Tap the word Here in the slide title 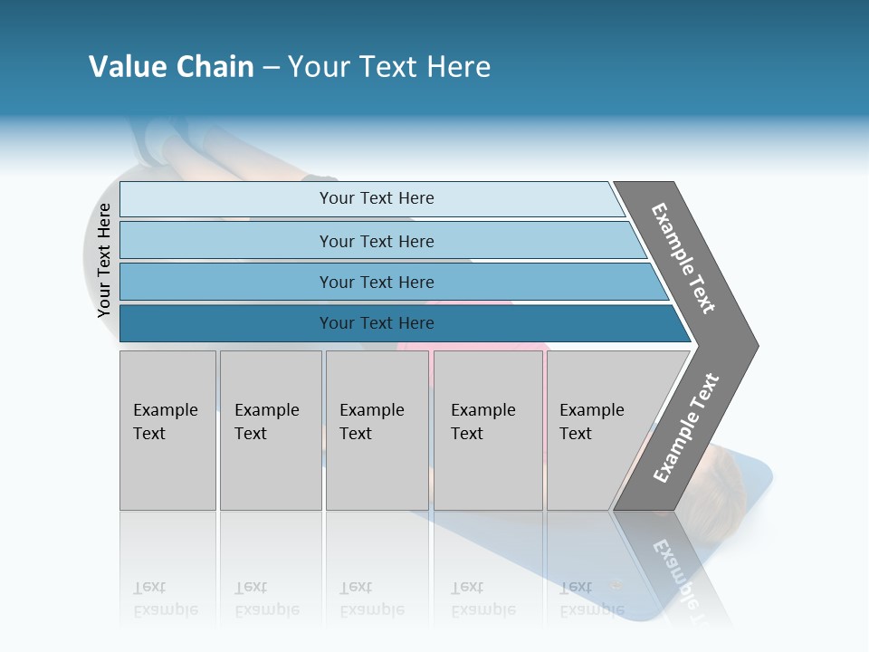click(458, 67)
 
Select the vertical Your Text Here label click(104, 261)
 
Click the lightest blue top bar click(226, 199)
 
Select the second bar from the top click(226, 241)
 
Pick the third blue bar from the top click(226, 282)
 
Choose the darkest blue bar click(226, 323)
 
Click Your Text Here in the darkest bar click(377, 323)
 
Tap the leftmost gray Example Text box click(167, 430)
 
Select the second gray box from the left click(271, 430)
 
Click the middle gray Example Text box click(377, 430)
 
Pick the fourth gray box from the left click(488, 430)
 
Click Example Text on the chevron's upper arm click(683, 258)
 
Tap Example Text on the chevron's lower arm click(686, 428)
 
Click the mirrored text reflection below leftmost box click(165, 599)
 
